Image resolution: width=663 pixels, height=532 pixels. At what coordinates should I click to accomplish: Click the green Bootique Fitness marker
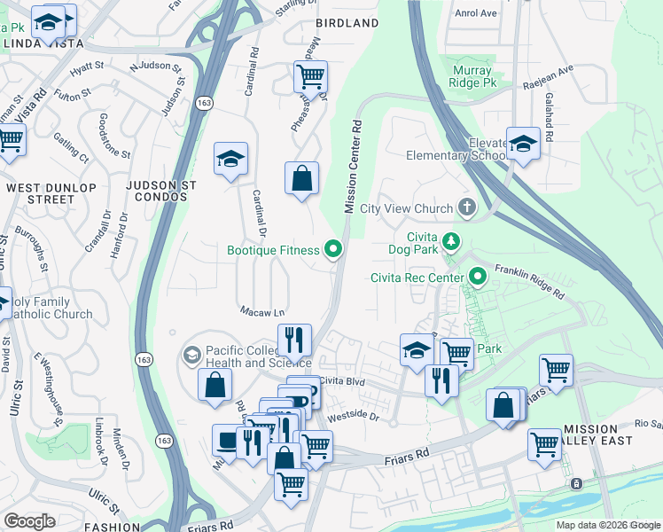(x=333, y=250)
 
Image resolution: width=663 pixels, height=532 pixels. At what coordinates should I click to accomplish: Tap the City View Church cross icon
(x=467, y=208)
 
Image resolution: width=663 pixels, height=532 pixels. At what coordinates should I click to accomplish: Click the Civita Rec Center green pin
(x=480, y=278)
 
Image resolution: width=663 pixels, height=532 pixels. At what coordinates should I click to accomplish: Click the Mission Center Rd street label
(x=353, y=167)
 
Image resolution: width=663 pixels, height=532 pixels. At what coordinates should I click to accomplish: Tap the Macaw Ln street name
(x=262, y=311)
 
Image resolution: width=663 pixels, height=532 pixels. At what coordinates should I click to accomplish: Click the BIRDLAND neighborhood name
(x=348, y=23)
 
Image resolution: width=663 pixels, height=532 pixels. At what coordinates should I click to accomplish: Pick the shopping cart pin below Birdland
(x=310, y=77)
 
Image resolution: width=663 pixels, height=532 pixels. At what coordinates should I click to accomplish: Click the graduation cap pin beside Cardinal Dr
(x=230, y=160)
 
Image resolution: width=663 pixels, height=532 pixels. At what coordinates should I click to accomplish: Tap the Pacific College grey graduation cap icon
(x=191, y=356)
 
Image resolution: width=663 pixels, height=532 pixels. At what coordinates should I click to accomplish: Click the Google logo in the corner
(x=29, y=521)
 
